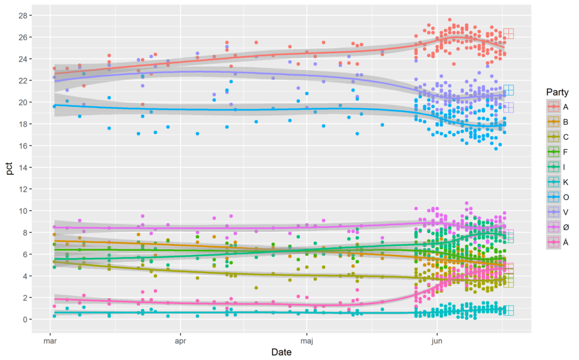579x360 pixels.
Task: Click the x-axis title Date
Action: click(x=281, y=352)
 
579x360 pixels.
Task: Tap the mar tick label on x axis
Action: click(x=51, y=341)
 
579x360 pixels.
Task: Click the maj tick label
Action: click(x=306, y=341)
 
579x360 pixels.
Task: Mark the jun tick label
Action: click(x=437, y=341)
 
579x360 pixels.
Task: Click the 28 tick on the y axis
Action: click(x=20, y=15)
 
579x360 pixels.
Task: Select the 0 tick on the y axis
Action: click(x=23, y=319)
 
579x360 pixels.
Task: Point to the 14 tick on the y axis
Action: click(x=20, y=167)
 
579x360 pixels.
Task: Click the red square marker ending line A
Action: click(x=508, y=33)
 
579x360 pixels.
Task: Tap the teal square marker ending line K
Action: click(x=508, y=310)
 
